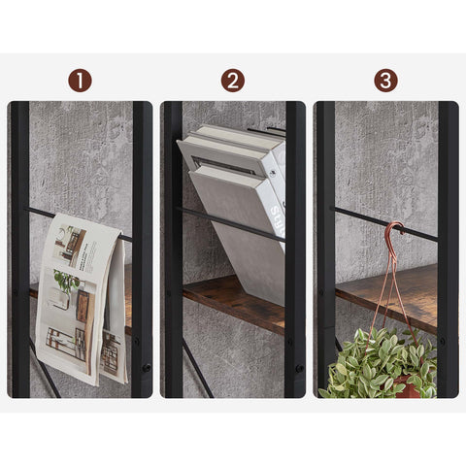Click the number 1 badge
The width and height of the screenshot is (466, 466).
80,81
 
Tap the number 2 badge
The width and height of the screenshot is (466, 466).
232,81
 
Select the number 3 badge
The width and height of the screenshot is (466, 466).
385,81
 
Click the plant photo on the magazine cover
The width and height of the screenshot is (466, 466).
66,282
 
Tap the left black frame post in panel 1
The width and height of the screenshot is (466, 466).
18,248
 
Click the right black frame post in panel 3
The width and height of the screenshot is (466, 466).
448,248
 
